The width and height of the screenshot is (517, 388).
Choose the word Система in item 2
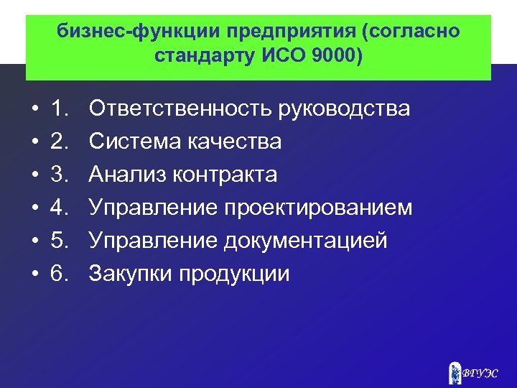[132, 142]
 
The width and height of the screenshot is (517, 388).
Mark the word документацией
[306, 241]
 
